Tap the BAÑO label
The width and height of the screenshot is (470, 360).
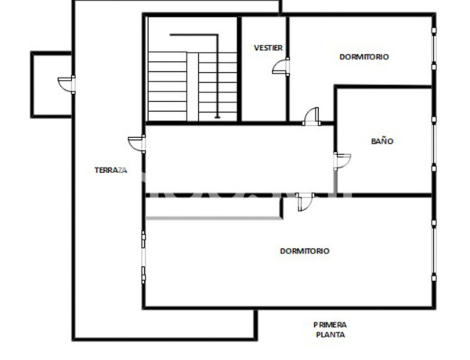pyautogui.click(x=382, y=142)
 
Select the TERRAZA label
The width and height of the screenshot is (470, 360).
pyautogui.click(x=110, y=171)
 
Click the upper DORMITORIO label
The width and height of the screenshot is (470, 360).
pyautogui.click(x=364, y=56)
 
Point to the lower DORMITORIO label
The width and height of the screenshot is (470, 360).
pyautogui.click(x=305, y=251)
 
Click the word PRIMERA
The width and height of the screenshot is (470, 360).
pyautogui.click(x=330, y=324)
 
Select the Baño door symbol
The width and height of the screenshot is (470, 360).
pyautogui.click(x=343, y=160)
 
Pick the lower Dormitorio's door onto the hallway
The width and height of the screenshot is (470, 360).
pyautogui.click(x=305, y=201)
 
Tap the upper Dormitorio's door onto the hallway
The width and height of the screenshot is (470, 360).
pyautogui.click(x=311, y=116)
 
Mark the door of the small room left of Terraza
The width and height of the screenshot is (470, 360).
pyautogui.click(x=67, y=84)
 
